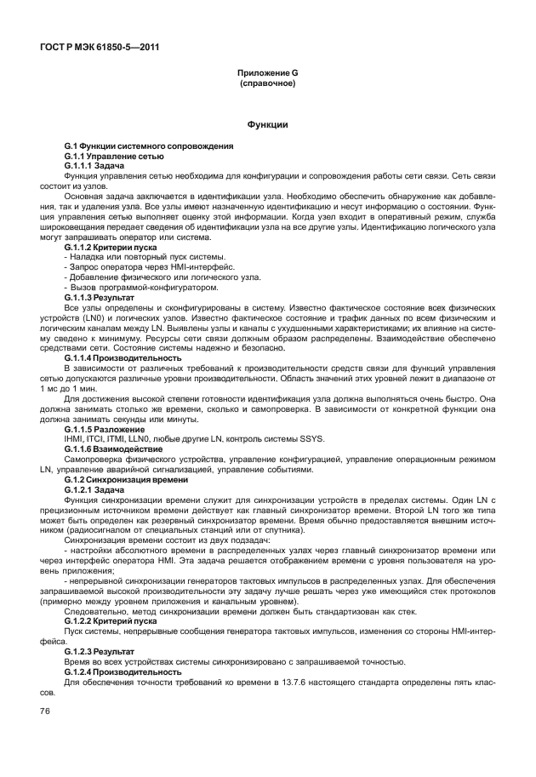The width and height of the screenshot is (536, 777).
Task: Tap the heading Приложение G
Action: pos(267,74)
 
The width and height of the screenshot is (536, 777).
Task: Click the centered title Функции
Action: pos(267,125)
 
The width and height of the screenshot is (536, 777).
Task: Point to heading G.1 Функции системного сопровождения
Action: pos(149,147)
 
